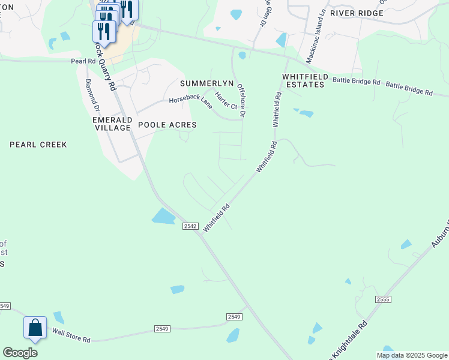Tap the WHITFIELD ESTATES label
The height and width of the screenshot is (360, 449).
pyautogui.click(x=304, y=80)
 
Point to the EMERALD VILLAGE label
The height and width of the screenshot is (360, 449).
pyautogui.click(x=112, y=124)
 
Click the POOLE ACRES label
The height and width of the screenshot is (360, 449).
pyautogui.click(x=167, y=125)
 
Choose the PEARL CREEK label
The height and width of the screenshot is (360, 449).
pyautogui.click(x=38, y=145)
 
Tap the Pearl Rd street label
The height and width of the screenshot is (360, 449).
pyautogui.click(x=83, y=61)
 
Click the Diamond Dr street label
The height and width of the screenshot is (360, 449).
pyautogui.click(x=92, y=95)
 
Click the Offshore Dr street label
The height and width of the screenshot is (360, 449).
pyautogui.click(x=243, y=100)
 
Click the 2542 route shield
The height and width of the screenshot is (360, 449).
pyautogui.click(x=190, y=225)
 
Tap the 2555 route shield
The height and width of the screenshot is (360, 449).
pyautogui.click(x=384, y=299)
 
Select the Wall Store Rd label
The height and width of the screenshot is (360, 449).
pyautogui.click(x=71, y=335)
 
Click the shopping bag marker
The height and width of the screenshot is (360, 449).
pyautogui.click(x=35, y=329)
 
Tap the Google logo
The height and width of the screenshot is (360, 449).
pyautogui.click(x=20, y=353)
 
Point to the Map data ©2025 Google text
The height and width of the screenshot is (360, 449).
pyautogui.click(x=412, y=355)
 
